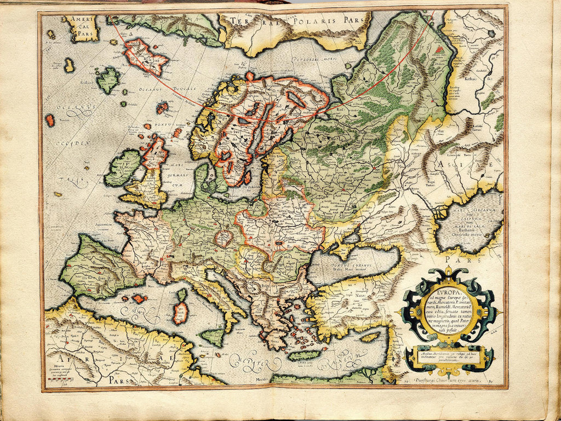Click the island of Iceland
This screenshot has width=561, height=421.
pyautogui.click(x=145, y=56)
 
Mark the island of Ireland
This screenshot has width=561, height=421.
pyautogui.click(x=123, y=168)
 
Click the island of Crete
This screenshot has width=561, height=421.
pyautogui.click(x=303, y=355)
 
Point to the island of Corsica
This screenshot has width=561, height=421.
pyautogui.click(x=182, y=295)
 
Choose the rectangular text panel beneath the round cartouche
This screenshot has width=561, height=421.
pyautogui.click(x=449, y=356)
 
